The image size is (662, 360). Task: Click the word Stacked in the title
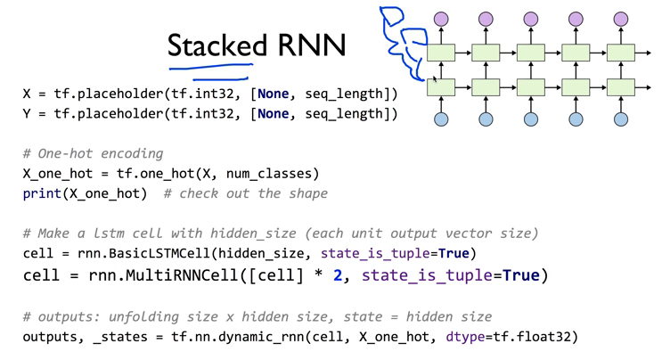click(217, 45)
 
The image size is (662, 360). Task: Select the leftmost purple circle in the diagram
click(440, 19)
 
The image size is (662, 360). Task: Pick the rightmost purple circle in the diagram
click(621, 19)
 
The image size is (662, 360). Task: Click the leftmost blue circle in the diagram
click(440, 119)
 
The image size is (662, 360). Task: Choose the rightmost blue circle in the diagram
click(621, 119)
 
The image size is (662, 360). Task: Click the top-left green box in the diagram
click(440, 53)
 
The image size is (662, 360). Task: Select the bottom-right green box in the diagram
click(621, 87)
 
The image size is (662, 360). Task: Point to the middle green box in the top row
click(531, 53)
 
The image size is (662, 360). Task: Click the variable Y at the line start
click(28, 114)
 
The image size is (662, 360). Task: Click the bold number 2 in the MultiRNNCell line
click(338, 274)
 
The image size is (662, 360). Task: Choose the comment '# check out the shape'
click(245, 193)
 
